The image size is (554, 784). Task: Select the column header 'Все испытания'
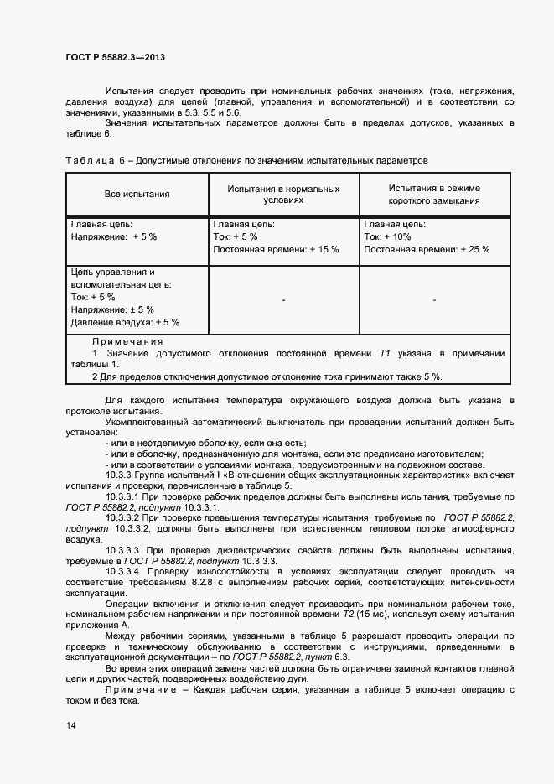pyautogui.click(x=137, y=195)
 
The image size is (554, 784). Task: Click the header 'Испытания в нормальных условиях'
pyautogui.click(x=283, y=195)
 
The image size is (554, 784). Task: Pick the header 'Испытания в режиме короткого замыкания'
pyautogui.click(x=434, y=195)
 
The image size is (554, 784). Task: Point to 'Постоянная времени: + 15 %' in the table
pyautogui.click(x=276, y=249)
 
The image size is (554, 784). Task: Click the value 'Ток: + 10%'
pyautogui.click(x=387, y=237)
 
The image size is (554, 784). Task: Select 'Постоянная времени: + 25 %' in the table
pyautogui.click(x=427, y=249)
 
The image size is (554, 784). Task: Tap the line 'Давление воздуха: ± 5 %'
pyautogui.click(x=125, y=322)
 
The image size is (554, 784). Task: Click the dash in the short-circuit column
pyautogui.click(x=434, y=299)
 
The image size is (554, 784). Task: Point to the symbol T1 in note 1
pyautogui.click(x=386, y=353)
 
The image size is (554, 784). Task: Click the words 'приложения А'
pyautogui.click(x=97, y=626)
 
